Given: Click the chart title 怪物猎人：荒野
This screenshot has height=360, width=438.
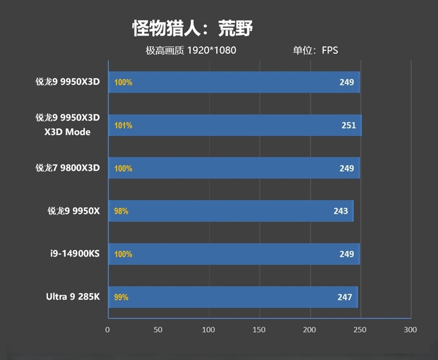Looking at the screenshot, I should [x=192, y=28].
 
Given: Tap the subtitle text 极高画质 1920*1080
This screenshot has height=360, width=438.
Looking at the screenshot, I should [x=191, y=51].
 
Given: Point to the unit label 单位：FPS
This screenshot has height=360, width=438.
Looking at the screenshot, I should [x=315, y=51].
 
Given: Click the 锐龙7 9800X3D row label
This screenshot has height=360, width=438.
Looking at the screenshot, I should [x=68, y=168].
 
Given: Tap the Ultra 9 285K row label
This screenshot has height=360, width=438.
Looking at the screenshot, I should [x=73, y=297].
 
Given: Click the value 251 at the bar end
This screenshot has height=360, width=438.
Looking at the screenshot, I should [x=349, y=125].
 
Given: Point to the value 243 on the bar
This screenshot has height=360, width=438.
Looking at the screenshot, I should [x=341, y=211].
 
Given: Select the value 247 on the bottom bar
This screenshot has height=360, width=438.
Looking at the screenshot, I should [x=344, y=297].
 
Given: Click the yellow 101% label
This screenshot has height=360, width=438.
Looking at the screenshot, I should [x=123, y=125].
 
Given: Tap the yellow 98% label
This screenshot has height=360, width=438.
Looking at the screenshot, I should [x=121, y=211].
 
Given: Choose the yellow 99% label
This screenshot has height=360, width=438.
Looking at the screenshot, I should [x=121, y=297].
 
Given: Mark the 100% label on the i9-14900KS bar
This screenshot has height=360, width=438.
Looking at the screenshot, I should [x=123, y=254].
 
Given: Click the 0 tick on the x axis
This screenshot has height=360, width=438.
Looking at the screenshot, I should [x=108, y=330].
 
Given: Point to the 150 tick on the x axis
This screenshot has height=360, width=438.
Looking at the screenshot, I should [x=259, y=330].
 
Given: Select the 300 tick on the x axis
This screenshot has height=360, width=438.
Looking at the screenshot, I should [x=410, y=330].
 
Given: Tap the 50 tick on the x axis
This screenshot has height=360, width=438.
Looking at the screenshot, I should [x=158, y=330].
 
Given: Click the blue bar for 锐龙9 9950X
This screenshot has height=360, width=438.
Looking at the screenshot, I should [x=230, y=211].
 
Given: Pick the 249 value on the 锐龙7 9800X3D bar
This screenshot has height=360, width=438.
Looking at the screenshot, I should [x=347, y=168].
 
